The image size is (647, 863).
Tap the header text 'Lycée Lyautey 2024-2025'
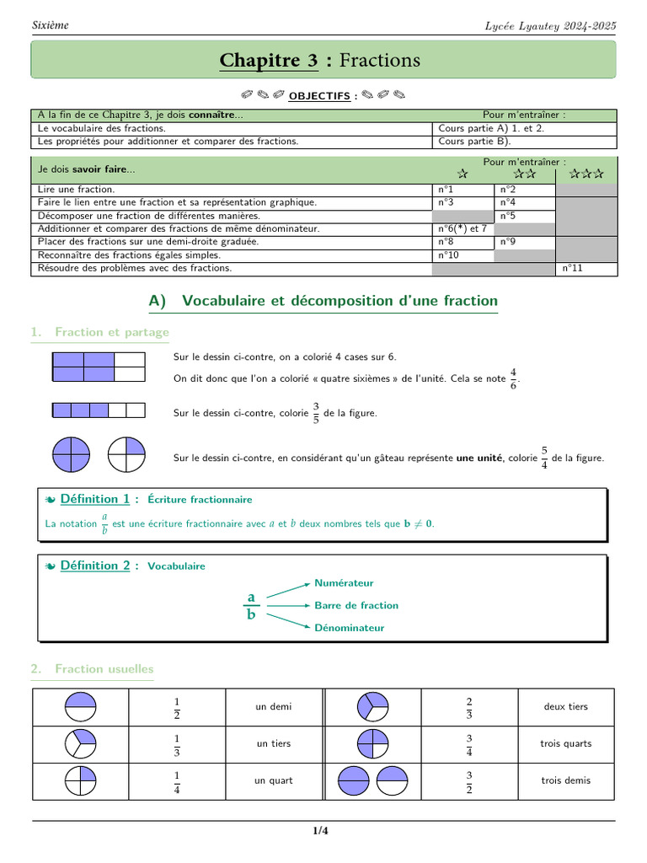tap(550, 25)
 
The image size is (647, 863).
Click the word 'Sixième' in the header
tap(51, 25)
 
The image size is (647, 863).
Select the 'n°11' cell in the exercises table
tap(572, 268)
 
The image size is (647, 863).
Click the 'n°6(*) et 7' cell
tap(463, 228)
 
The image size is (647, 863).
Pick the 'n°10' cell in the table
tap(449, 255)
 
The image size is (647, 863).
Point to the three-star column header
tap(586, 174)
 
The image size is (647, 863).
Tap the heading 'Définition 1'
tap(95, 499)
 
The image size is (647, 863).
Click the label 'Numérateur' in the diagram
tap(344, 583)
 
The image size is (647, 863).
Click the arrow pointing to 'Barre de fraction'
tap(287, 605)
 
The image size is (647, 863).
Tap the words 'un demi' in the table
tap(274, 706)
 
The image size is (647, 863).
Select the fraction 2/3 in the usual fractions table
tap(468, 706)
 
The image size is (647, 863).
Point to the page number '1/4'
tap(320, 832)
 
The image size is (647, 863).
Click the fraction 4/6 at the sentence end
tap(514, 379)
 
